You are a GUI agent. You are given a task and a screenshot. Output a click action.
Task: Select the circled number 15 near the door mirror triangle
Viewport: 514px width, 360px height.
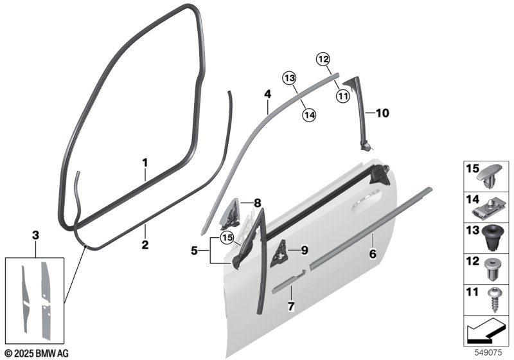click(x=226, y=238)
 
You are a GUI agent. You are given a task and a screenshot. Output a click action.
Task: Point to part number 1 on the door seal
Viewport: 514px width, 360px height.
click(x=145, y=163)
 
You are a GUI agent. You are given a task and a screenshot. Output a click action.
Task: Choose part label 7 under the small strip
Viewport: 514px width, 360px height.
click(x=290, y=307)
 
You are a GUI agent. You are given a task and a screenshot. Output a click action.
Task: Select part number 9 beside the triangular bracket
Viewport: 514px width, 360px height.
click(x=305, y=250)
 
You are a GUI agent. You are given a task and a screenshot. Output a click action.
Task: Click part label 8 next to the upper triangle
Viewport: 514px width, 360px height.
click(x=257, y=203)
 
